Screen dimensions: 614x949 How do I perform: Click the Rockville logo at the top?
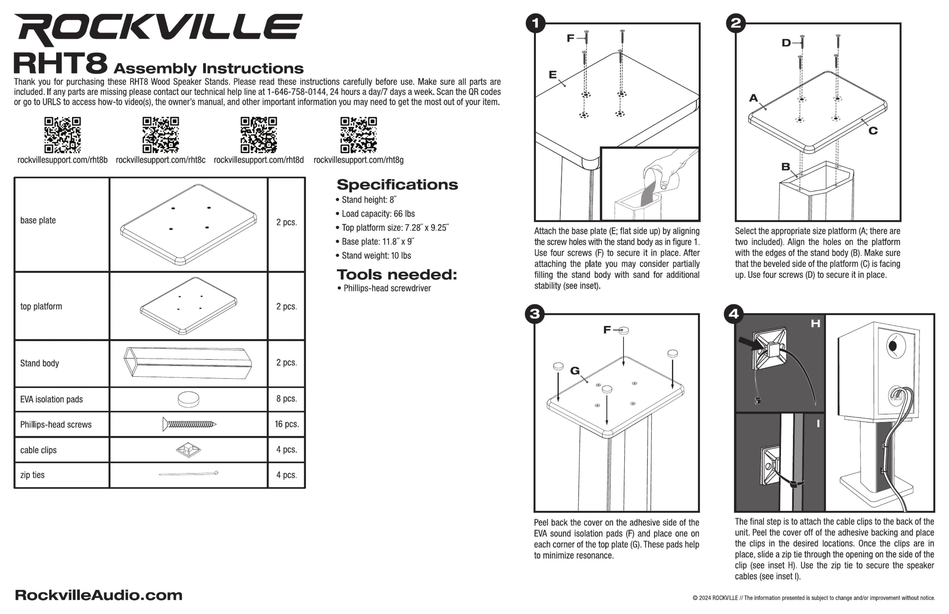(158, 29)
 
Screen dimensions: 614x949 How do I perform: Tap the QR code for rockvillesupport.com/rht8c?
(161, 135)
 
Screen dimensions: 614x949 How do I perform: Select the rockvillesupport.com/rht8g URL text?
(358, 160)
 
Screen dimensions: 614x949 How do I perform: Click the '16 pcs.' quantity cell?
(286, 424)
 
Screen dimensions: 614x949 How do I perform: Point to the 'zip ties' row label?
(32, 475)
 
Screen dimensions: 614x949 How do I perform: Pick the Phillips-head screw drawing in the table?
(189, 424)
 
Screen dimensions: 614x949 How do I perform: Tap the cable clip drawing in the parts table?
(188, 450)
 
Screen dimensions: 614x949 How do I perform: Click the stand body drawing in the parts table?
(188, 363)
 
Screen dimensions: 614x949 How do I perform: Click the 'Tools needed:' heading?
(397, 274)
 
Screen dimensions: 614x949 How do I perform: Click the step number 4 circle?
(734, 314)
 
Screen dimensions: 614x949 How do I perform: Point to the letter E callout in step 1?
(553, 74)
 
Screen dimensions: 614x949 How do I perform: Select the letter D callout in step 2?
(786, 43)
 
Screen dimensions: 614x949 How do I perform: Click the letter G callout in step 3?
(575, 371)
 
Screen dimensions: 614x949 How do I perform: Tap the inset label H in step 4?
(816, 323)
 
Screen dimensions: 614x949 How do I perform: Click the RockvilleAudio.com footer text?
(99, 595)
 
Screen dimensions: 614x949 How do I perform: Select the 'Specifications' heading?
(397, 185)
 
